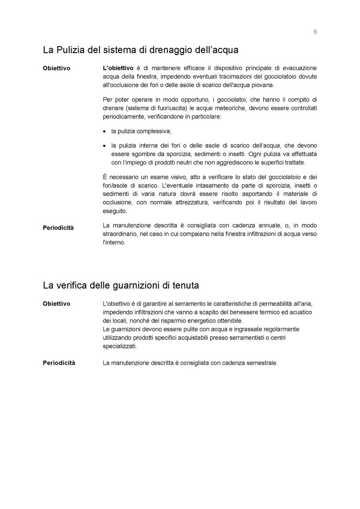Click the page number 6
point(315,32)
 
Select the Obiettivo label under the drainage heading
point(56,68)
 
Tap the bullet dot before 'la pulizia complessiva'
point(104,132)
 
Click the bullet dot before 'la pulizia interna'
point(104,146)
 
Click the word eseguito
point(113,211)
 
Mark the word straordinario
point(120,234)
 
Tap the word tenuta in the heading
point(185,286)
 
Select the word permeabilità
point(275,303)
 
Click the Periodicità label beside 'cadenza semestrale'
point(59,363)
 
